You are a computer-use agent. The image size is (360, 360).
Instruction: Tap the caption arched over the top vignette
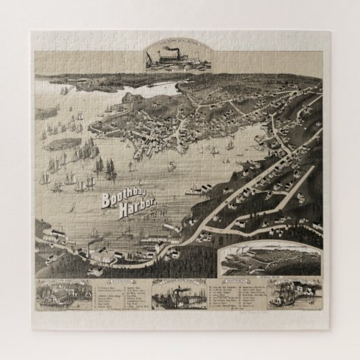177,43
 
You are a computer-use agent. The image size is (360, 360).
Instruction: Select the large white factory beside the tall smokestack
105,254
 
